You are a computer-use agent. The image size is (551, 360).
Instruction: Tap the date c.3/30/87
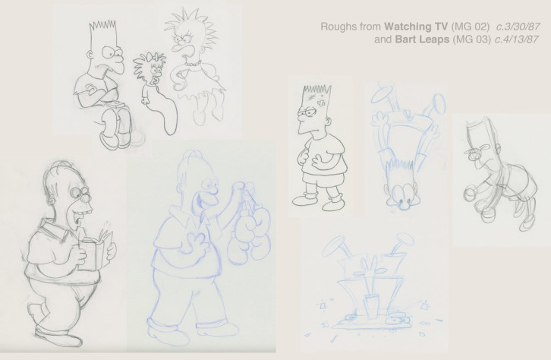[518, 27]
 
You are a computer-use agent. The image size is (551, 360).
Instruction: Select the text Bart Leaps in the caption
[422, 39]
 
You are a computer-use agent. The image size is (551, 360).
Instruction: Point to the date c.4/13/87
[516, 39]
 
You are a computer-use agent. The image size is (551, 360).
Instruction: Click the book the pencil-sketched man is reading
[95, 249]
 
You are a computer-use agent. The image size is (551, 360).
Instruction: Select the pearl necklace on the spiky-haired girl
[194, 64]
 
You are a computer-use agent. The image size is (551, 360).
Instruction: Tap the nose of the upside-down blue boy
[403, 202]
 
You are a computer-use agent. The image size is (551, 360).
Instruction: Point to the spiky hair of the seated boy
[102, 25]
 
